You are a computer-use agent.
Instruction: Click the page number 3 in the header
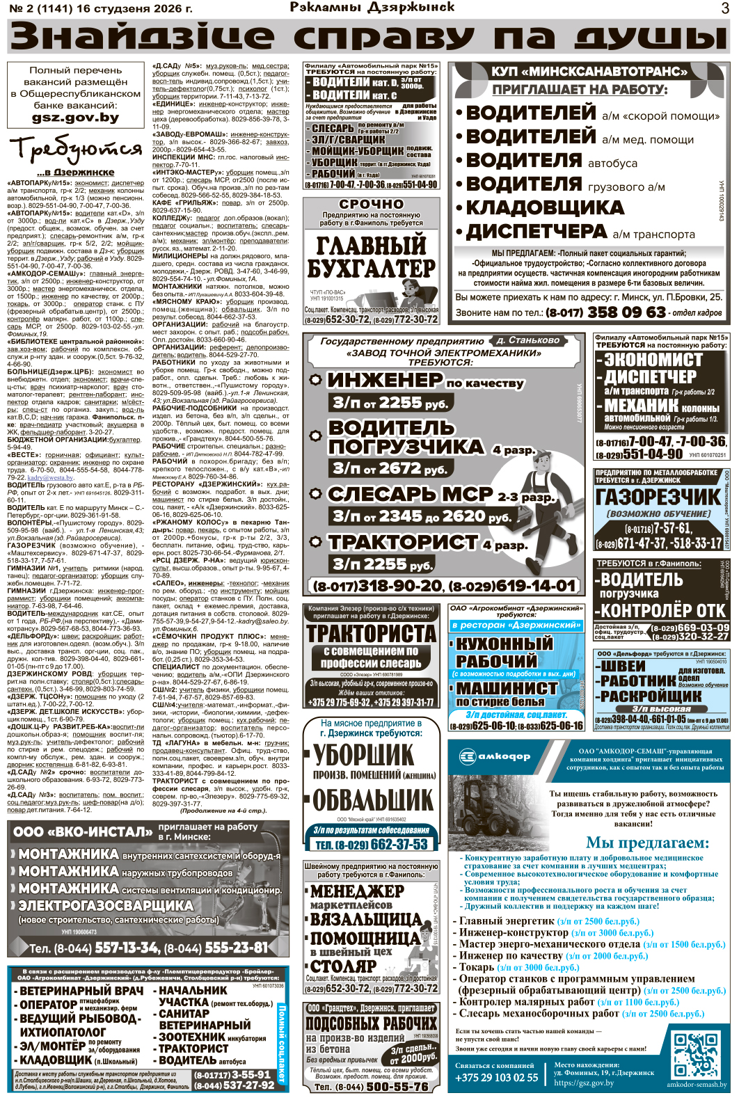[x=725, y=8]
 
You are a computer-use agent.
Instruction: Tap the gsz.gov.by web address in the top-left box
[x=74, y=118]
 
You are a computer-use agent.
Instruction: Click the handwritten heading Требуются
[x=75, y=149]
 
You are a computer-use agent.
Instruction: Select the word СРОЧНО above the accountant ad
[x=371, y=204]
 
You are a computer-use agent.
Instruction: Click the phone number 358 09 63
[x=626, y=312]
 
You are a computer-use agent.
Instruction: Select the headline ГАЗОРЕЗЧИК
[x=658, y=497]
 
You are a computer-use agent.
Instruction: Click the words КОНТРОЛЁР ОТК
[x=663, y=610]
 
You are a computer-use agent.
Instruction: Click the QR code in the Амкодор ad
[x=696, y=1054]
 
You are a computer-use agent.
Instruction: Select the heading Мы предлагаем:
[x=647, y=843]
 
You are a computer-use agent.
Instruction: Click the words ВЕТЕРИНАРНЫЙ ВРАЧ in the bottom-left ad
[x=81, y=991]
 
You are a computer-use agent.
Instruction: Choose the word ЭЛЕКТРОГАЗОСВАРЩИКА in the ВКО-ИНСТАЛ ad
[x=106, y=905]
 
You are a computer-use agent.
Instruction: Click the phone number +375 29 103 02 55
[x=497, y=1078]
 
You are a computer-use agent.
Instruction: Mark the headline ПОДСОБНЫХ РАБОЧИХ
[x=372, y=1023]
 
